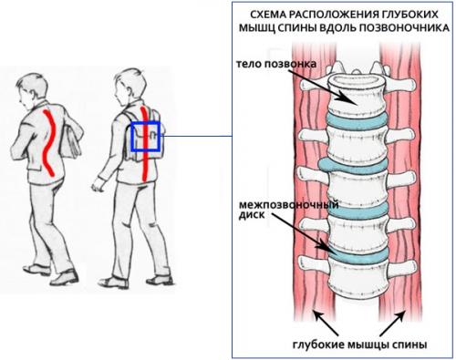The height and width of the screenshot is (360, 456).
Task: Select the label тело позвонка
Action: pyautogui.click(x=276, y=64)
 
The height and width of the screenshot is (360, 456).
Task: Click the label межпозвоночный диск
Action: pyautogui.click(x=289, y=210)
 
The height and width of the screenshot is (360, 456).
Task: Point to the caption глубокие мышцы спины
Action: pyautogui.click(x=360, y=345)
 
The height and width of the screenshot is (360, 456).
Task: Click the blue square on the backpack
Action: pyautogui.click(x=146, y=137)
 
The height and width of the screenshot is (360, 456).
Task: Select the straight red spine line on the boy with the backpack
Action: pyautogui.click(x=144, y=144)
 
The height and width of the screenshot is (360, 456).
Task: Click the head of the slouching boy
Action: pyautogui.click(x=32, y=88)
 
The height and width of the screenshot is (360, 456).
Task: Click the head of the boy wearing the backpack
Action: pyautogui.click(x=130, y=84)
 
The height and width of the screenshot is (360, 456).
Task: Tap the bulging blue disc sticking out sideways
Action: pyautogui.click(x=353, y=165)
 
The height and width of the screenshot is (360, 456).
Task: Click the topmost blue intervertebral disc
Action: pyautogui.click(x=357, y=121)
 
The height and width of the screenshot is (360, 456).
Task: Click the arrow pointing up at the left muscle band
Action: pyautogui.click(x=326, y=323)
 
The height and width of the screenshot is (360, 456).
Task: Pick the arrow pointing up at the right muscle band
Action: pyautogui.click(x=393, y=323)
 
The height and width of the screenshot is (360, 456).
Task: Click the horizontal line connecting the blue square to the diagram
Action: pyautogui.click(x=196, y=136)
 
